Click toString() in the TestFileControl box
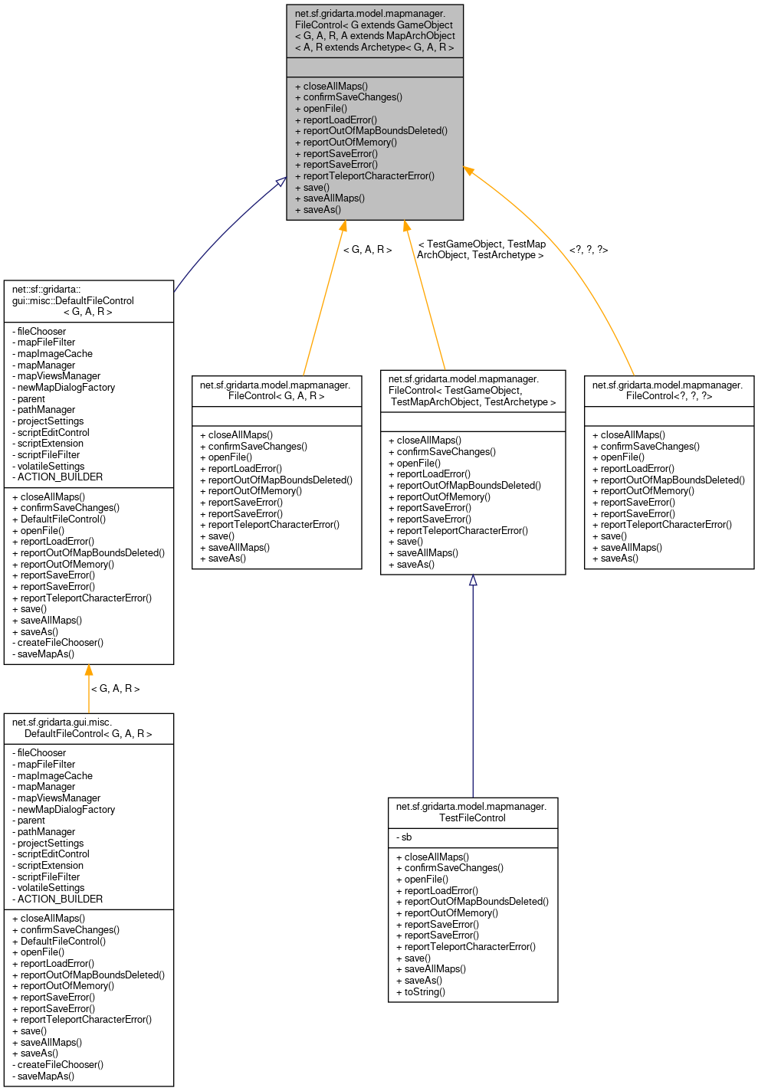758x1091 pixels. point(425,991)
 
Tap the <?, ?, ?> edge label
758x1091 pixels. point(589,250)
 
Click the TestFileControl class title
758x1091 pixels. point(472,812)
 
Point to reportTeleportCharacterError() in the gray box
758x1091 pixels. point(369,175)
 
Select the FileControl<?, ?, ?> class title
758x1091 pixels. point(668,390)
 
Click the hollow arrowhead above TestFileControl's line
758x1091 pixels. point(473,581)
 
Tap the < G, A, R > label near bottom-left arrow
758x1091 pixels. point(116,688)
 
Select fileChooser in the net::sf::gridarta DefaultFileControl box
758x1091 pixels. point(41,331)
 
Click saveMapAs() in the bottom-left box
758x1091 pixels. point(46,1076)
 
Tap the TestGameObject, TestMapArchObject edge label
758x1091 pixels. point(481,249)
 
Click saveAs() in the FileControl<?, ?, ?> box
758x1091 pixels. point(619,558)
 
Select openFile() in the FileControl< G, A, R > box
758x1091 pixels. point(230,457)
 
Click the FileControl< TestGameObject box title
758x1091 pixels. point(472,390)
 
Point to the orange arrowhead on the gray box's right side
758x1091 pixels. point(468,171)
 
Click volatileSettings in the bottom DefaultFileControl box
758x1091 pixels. point(51,887)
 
